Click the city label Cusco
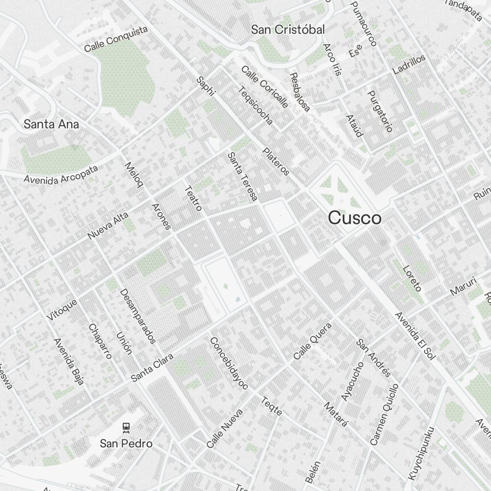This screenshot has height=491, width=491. (x=355, y=218)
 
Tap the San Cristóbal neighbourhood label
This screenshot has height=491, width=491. (x=288, y=30)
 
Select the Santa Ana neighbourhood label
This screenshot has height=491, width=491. (x=51, y=124)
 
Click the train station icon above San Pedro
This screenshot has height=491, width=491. (x=127, y=427)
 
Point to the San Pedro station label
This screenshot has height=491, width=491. (x=126, y=444)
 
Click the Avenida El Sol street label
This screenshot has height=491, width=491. (x=415, y=336)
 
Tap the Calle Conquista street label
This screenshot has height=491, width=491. (x=116, y=39)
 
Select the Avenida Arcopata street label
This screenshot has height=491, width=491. (x=61, y=174)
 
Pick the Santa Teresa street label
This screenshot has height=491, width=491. (x=243, y=177)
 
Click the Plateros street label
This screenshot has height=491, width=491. (x=276, y=162)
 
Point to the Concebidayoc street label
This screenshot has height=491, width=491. (x=229, y=363)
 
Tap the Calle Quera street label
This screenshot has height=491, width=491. (x=313, y=340)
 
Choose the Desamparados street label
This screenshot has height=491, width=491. (x=138, y=316)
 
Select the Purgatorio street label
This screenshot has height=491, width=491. (x=381, y=111)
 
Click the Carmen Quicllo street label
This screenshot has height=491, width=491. (x=384, y=415)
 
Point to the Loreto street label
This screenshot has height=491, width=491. (x=412, y=278)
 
